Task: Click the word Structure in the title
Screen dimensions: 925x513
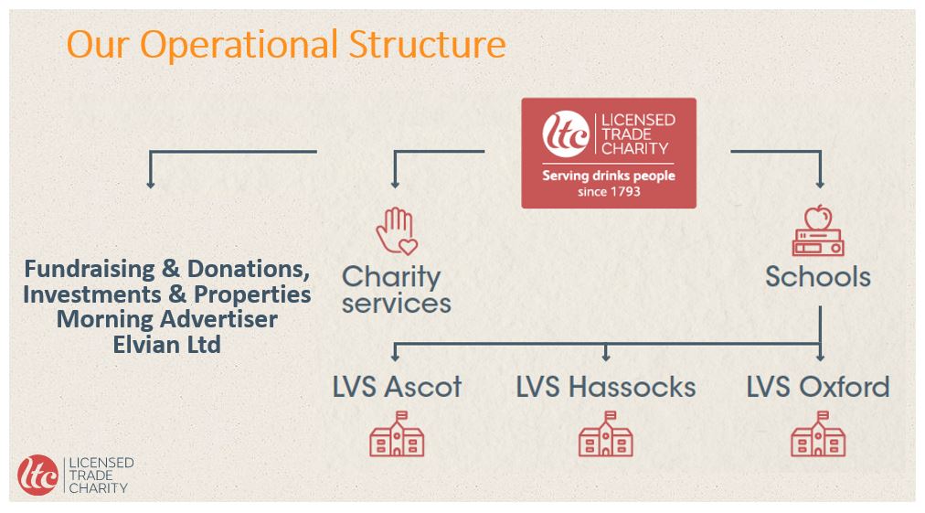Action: click(427, 44)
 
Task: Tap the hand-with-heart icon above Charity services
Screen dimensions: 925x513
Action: click(397, 230)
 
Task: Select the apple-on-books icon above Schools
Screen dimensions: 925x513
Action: click(818, 230)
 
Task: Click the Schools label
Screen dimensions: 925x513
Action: click(818, 277)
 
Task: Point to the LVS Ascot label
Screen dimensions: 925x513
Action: click(397, 387)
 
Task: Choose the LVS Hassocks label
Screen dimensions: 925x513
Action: click(606, 387)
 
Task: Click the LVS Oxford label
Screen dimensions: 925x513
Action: click(818, 387)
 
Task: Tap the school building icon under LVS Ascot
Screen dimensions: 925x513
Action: click(397, 434)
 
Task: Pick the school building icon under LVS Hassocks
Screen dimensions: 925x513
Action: click(606, 434)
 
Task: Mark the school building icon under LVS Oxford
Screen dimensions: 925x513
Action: click(818, 434)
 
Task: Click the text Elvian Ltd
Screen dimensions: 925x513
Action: click(167, 345)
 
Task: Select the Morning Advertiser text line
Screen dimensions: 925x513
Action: click(167, 319)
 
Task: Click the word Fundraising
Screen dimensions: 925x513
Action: click(90, 269)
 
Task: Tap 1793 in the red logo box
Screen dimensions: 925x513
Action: click(625, 191)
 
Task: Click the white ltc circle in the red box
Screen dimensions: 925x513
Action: click(566, 134)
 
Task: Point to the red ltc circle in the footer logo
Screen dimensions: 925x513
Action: click(38, 475)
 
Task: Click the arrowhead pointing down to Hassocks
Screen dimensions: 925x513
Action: click(606, 357)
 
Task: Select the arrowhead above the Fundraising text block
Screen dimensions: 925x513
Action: click(151, 184)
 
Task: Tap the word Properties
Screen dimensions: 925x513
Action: click(252, 294)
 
